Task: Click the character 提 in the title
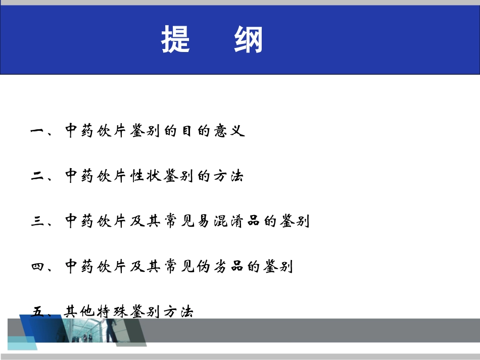[x=176, y=39]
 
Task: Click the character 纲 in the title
[x=248, y=39]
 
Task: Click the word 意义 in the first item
[x=228, y=132]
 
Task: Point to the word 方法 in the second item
[x=228, y=177]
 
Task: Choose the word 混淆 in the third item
[x=228, y=222]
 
